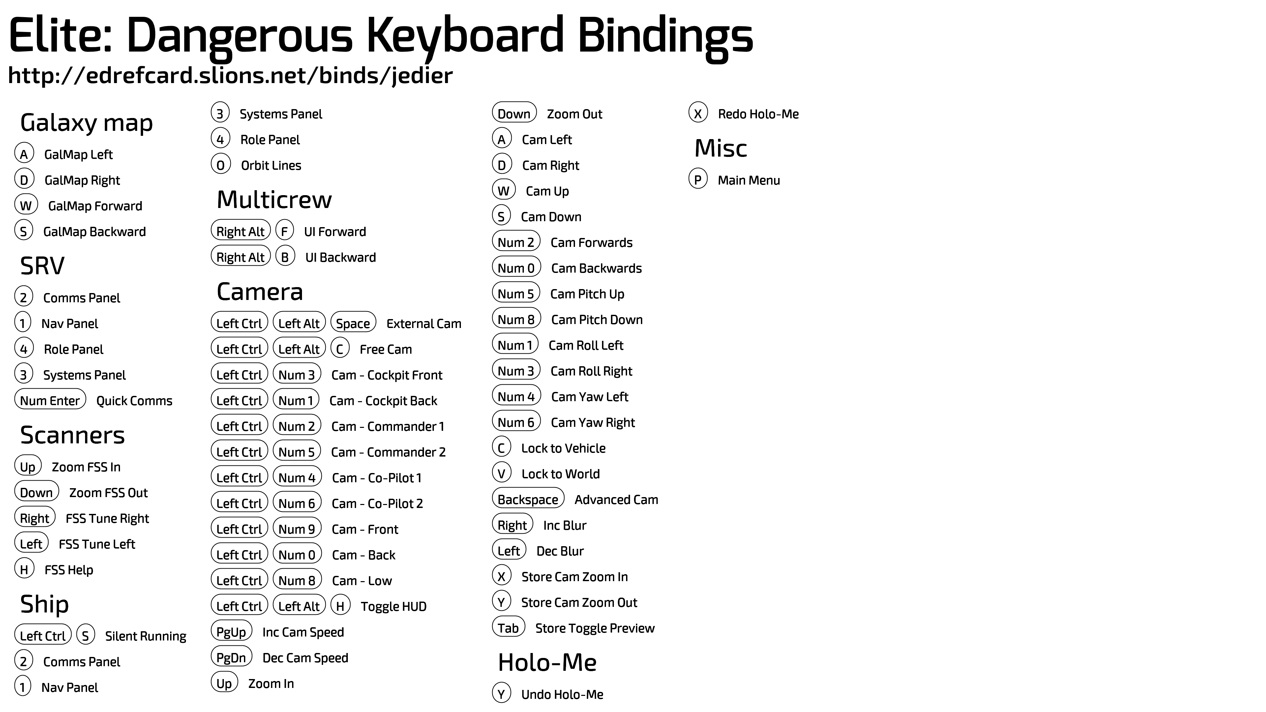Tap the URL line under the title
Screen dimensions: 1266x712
[x=230, y=75]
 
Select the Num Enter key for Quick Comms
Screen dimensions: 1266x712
[x=50, y=400]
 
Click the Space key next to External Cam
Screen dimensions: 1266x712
[x=353, y=323]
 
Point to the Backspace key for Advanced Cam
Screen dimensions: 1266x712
[x=528, y=499]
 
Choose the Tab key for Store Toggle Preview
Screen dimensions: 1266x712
[x=508, y=628]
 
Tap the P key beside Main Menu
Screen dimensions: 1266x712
[x=697, y=179]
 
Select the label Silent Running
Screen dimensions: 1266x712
[x=145, y=636]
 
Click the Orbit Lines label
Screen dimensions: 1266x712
[x=271, y=165]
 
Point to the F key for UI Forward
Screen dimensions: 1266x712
[x=285, y=231]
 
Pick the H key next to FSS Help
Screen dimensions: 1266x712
[x=24, y=569]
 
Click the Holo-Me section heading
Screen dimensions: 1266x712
[x=547, y=662]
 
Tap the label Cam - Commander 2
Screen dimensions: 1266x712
[x=388, y=452]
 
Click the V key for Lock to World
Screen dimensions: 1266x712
[x=501, y=473]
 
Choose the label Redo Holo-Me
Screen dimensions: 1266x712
[x=758, y=114]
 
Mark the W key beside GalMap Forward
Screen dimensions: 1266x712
[x=26, y=205]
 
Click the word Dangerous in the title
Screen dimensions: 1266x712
[x=240, y=35]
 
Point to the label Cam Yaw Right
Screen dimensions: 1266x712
[x=593, y=423]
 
